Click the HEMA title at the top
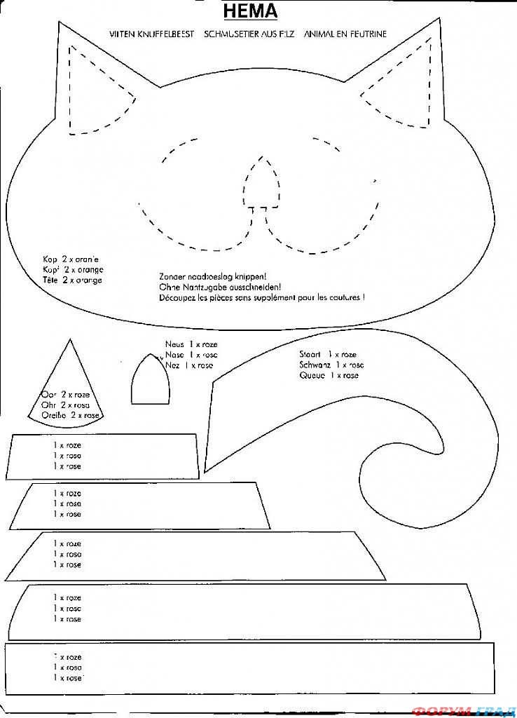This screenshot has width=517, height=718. [x=250, y=12]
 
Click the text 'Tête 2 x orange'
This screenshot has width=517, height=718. [x=72, y=280]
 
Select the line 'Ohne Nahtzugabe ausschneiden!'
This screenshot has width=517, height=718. [x=220, y=287]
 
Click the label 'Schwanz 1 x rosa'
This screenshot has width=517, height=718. [x=331, y=365]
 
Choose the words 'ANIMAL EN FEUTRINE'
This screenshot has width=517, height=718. [x=345, y=34]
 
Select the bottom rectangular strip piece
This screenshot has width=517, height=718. [x=259, y=668]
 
